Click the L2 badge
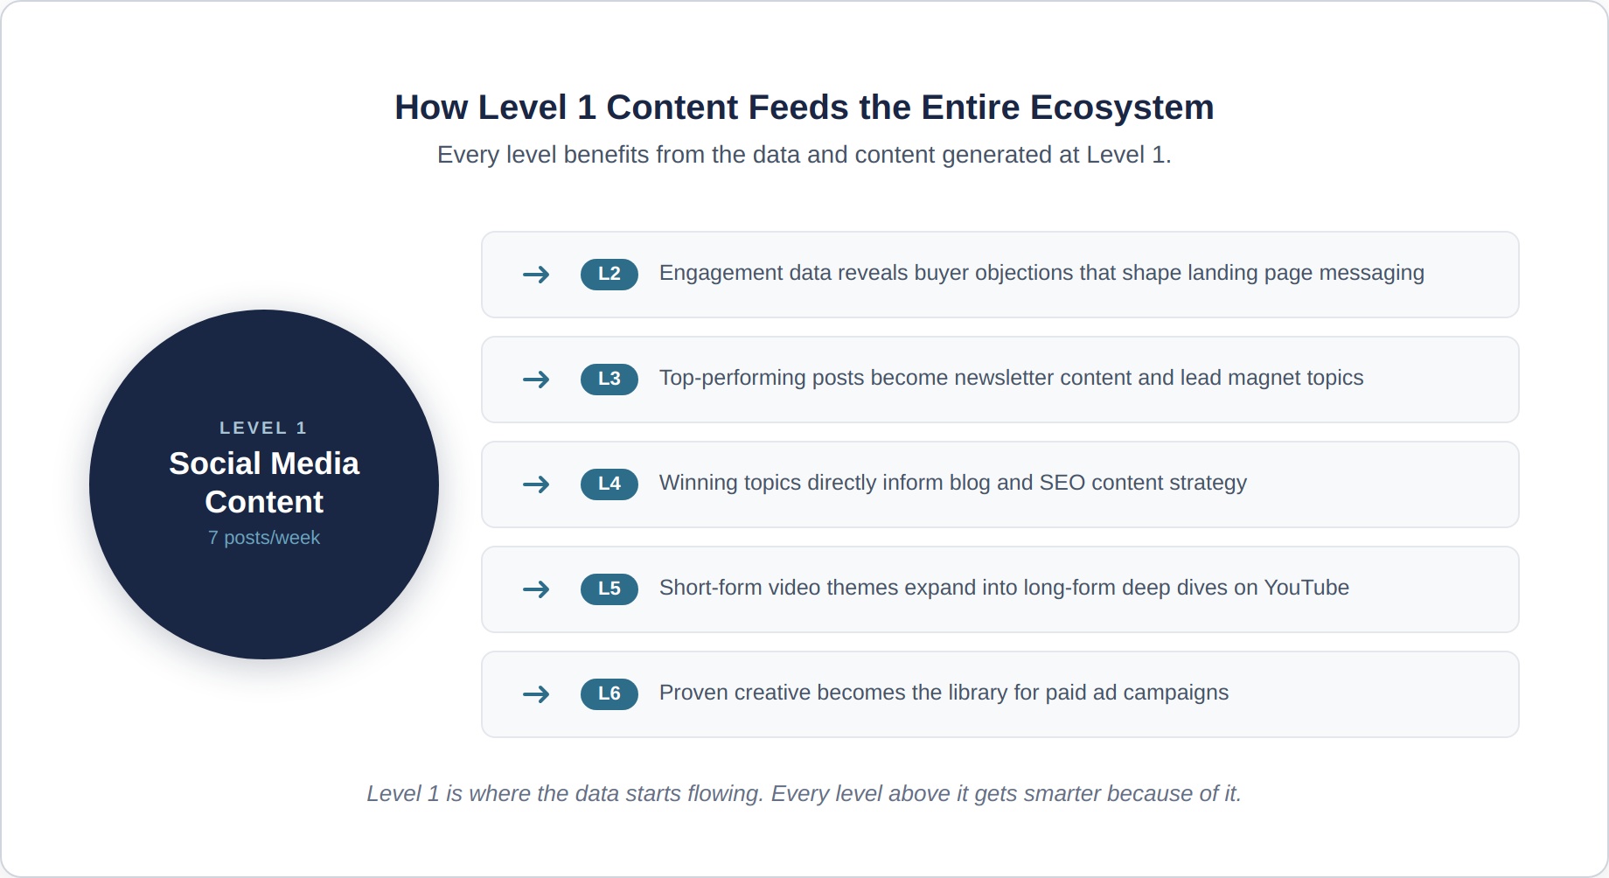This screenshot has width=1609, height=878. (609, 274)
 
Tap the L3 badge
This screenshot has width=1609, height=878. (609, 379)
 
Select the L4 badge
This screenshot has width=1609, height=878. (609, 484)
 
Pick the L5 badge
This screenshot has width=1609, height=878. (609, 589)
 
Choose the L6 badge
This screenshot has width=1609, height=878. (609, 693)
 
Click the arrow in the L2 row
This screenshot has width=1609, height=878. (536, 275)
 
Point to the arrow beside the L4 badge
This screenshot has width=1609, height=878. (536, 484)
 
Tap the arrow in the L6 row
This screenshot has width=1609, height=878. (536, 694)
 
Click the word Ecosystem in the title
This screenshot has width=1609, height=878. (1122, 108)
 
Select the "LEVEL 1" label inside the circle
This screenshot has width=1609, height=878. (263, 428)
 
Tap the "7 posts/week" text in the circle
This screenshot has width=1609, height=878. (264, 538)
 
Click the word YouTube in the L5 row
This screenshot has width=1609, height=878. (1306, 588)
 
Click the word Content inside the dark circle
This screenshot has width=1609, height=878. (264, 502)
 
